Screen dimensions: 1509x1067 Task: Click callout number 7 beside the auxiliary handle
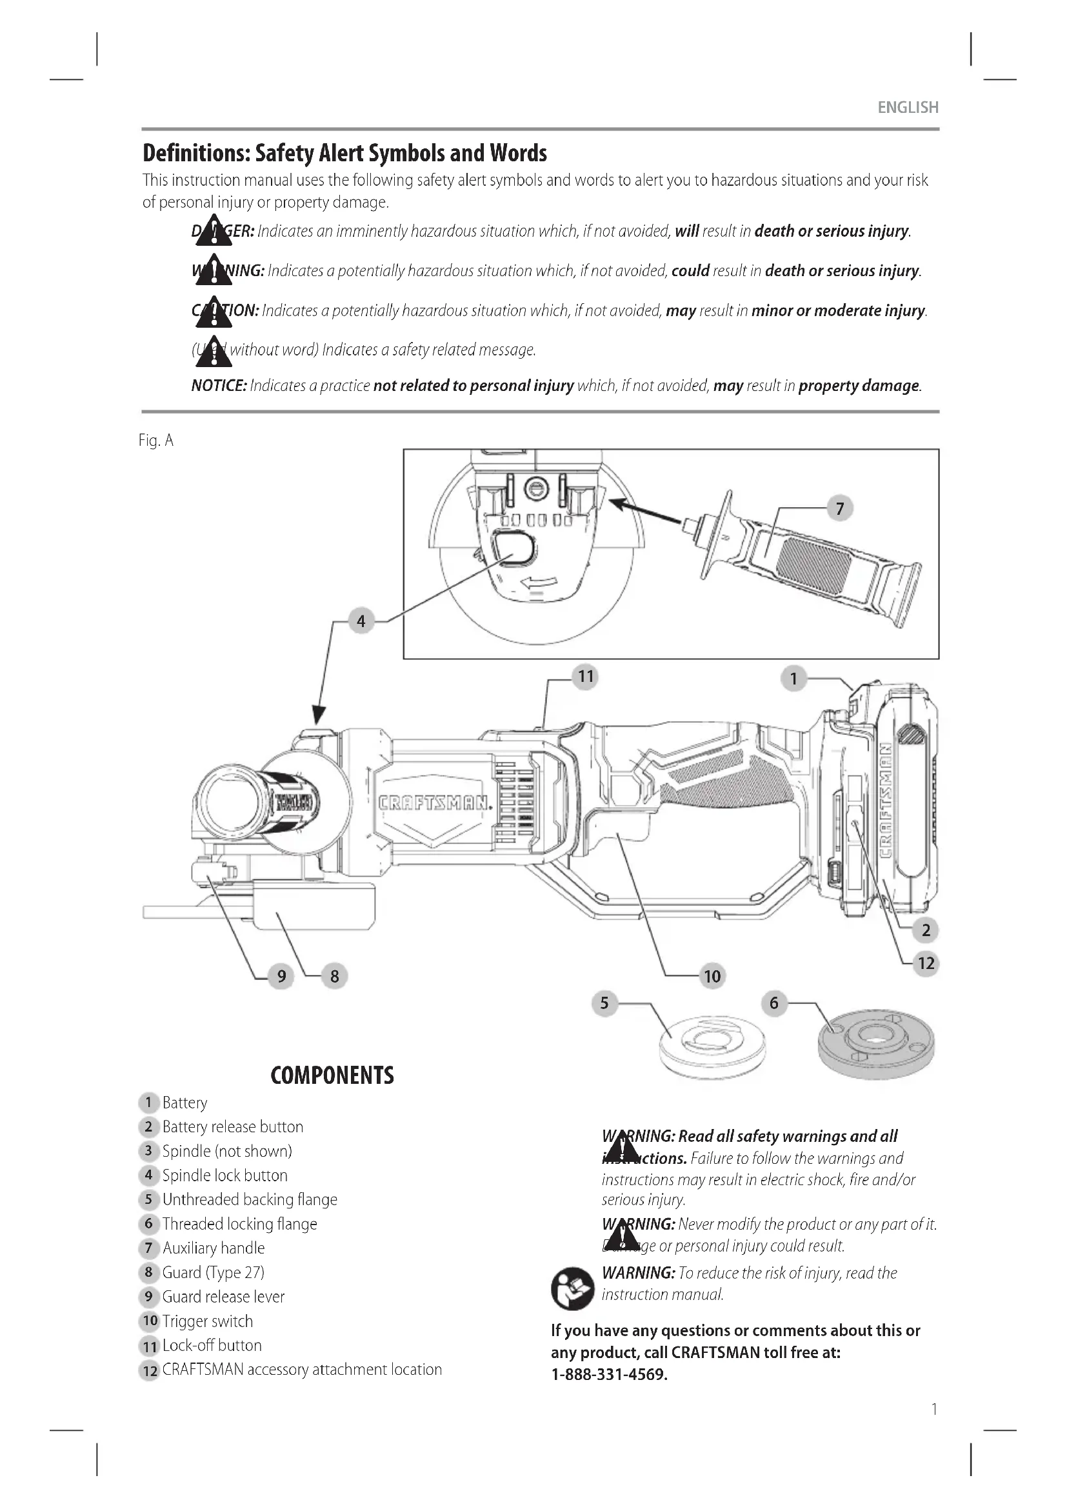(839, 508)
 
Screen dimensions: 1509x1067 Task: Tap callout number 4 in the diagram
(361, 621)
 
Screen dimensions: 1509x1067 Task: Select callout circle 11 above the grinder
(584, 676)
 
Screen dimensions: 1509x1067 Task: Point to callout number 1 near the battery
(793, 677)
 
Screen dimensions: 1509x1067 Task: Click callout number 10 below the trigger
(712, 976)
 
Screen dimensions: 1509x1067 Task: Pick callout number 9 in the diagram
(281, 976)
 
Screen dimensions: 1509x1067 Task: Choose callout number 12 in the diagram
(926, 963)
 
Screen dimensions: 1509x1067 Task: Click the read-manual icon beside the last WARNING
(572, 1288)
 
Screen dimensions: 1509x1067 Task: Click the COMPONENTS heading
(332, 1076)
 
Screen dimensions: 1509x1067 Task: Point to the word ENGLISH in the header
(908, 107)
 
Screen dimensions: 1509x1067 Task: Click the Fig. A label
(155, 441)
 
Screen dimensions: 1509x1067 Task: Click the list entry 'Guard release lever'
(223, 1297)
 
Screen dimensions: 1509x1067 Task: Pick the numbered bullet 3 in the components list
(148, 1151)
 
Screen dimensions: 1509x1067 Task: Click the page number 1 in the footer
(933, 1409)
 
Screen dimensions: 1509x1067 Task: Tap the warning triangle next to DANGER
(214, 231)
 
